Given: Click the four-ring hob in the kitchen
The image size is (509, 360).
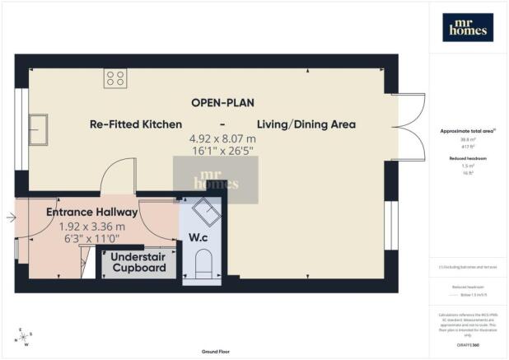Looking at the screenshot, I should tap(114, 78).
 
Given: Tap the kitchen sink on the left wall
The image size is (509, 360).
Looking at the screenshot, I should tap(39, 128).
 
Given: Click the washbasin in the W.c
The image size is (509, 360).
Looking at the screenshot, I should tap(203, 212).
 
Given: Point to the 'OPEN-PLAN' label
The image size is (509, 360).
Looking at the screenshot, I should tap(222, 103).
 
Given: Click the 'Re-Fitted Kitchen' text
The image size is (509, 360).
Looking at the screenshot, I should tap(136, 124).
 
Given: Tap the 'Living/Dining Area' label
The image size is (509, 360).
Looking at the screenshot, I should tap(306, 124).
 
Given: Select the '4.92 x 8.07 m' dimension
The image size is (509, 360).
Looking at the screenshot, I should tap(222, 139).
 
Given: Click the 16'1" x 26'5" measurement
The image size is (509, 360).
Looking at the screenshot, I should tap(222, 152).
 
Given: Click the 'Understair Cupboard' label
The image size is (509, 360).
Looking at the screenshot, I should tap(139, 263).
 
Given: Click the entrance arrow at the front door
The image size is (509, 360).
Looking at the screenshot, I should tap(9, 217).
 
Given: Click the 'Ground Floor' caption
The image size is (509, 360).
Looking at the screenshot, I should tap(217, 352).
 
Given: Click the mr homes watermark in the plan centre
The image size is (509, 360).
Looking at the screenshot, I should tap(215, 180).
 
